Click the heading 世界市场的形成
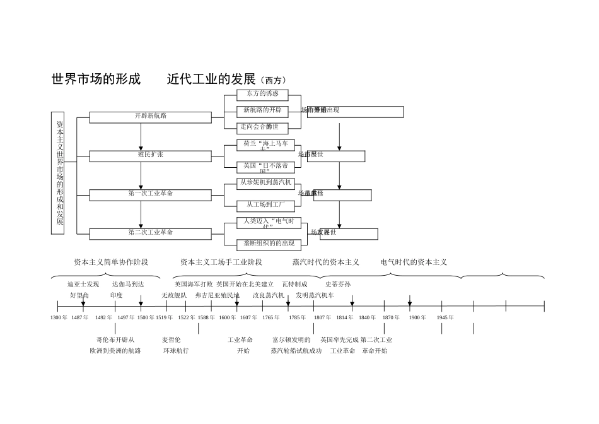(x=96, y=79)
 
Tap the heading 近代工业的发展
(x=211, y=79)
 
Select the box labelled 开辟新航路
(x=151, y=117)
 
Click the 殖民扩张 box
(x=151, y=156)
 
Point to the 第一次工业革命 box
(x=151, y=195)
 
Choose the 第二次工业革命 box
(x=151, y=233)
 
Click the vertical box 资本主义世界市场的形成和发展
(x=58, y=173)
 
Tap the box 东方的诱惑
(x=262, y=95)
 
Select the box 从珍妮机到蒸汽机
(x=265, y=183)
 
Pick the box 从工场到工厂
(x=265, y=206)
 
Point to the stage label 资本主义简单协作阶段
(x=111, y=262)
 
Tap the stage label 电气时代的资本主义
(x=414, y=262)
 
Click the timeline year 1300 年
(x=59, y=317)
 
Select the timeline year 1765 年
(x=270, y=317)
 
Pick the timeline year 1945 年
(x=445, y=317)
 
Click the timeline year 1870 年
(x=391, y=317)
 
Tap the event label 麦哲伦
(x=172, y=339)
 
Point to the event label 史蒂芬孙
(x=338, y=285)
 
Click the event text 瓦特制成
(x=295, y=285)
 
